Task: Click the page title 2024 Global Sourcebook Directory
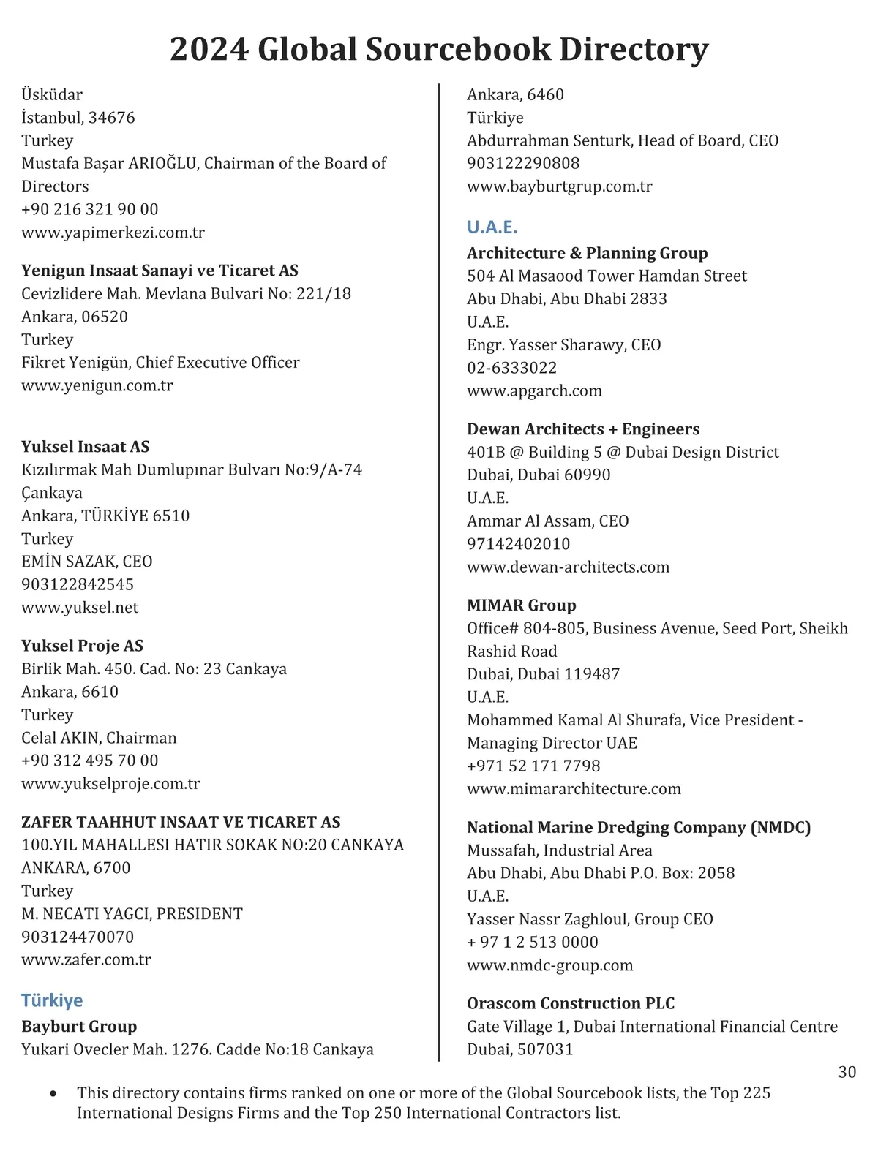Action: coord(439,49)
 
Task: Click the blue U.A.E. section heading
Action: coord(492,227)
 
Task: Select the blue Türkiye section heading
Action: coord(52,1000)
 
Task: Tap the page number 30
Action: coord(847,1072)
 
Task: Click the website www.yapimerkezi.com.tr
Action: coord(113,233)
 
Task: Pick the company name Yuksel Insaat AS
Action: coord(85,447)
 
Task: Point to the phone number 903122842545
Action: coord(78,584)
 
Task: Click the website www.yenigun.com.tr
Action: coord(97,385)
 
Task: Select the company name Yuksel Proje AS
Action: coord(82,646)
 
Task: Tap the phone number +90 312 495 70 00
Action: coord(89,760)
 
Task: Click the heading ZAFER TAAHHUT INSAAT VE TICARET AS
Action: coord(181,822)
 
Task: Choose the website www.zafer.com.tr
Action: coord(86,959)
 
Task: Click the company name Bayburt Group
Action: coord(79,1027)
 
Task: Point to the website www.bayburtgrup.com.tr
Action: coord(560,186)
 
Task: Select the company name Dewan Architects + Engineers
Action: coord(583,429)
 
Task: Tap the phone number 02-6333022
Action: coord(511,368)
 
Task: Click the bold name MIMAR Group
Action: coord(521,605)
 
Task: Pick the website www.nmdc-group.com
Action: coord(549,965)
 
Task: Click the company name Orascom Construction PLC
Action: coord(571,1003)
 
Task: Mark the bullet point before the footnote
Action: coord(53,1095)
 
